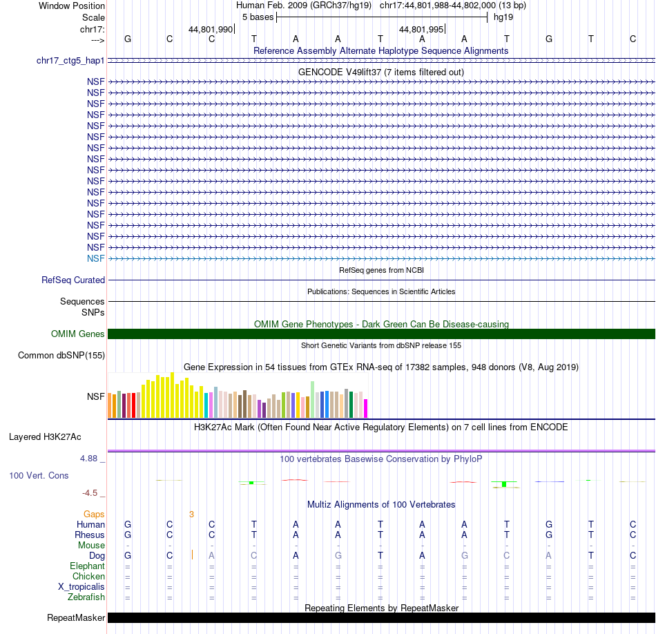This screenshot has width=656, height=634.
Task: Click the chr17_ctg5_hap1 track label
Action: click(70, 61)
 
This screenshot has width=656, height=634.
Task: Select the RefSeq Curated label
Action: click(73, 280)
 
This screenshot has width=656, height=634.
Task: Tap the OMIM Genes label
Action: click(78, 334)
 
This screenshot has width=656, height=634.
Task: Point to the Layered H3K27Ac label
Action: click(45, 436)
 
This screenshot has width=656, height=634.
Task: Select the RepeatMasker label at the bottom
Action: click(76, 617)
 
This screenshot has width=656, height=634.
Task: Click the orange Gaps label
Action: click(94, 515)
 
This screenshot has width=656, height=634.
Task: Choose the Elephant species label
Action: click(87, 566)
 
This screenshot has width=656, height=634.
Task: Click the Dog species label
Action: click(97, 556)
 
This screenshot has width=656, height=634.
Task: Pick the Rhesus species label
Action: click(90, 535)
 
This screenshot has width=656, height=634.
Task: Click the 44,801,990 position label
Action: click(211, 30)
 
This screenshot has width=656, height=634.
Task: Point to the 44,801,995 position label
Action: click(421, 30)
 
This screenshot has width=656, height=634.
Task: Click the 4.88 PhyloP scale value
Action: click(92, 459)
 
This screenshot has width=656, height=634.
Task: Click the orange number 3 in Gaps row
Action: click(191, 515)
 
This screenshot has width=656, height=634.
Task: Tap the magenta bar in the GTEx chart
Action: click(366, 408)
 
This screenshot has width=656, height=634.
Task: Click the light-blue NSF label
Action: click(96, 258)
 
